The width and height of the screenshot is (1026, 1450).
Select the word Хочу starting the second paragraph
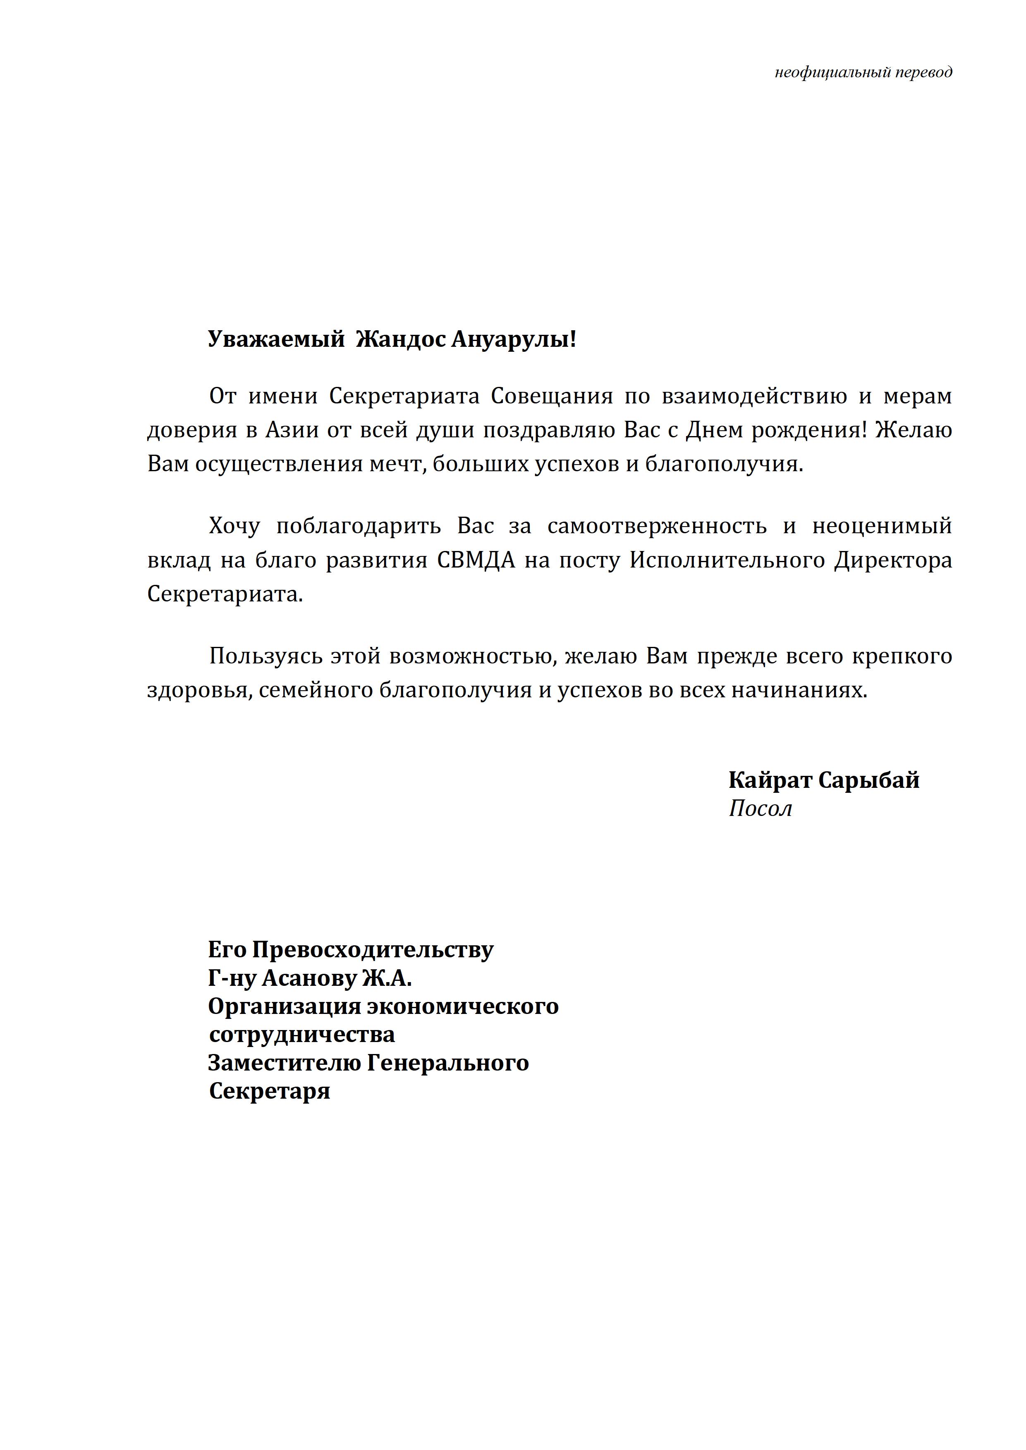[234, 526]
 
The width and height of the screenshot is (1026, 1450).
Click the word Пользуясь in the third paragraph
[265, 657]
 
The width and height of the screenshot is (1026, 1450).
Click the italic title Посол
[760, 809]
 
